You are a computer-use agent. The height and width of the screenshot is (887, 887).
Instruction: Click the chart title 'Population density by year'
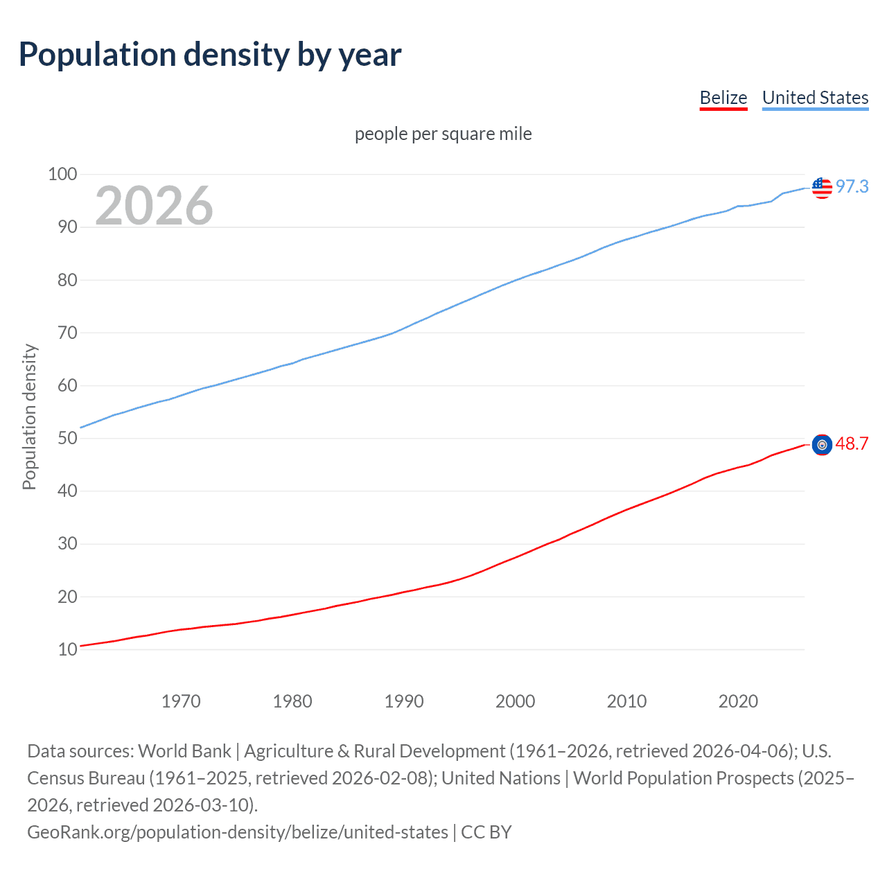coord(210,55)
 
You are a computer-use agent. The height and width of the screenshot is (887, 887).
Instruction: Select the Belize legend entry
coord(723,98)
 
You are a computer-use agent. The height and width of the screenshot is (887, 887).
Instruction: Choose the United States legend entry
coord(815,98)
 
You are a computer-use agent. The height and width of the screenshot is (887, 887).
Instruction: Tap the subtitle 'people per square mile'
coord(443,134)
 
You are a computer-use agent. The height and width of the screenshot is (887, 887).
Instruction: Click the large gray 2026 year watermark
coord(154,205)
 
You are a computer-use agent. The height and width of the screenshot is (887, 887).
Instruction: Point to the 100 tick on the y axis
coord(62,174)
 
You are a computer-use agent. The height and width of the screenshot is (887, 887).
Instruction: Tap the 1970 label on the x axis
coord(181,701)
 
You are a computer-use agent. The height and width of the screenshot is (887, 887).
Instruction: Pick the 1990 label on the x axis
coord(404,701)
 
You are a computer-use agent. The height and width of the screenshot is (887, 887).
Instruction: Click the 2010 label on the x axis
coord(626,701)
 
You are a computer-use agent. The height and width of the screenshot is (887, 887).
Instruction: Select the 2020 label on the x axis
coord(738,701)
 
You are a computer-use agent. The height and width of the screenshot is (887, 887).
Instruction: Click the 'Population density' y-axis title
coord(29,417)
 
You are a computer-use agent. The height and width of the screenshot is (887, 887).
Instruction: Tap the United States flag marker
coord(822,187)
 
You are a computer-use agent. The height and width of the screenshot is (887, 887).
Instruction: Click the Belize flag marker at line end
coord(822,445)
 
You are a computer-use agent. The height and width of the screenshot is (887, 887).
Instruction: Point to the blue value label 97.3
coord(852,186)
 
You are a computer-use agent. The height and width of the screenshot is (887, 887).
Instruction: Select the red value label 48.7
coord(852,443)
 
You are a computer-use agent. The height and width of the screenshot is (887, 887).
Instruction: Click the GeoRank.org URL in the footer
coord(238,832)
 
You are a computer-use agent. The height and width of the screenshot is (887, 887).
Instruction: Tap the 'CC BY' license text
coord(486,832)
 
